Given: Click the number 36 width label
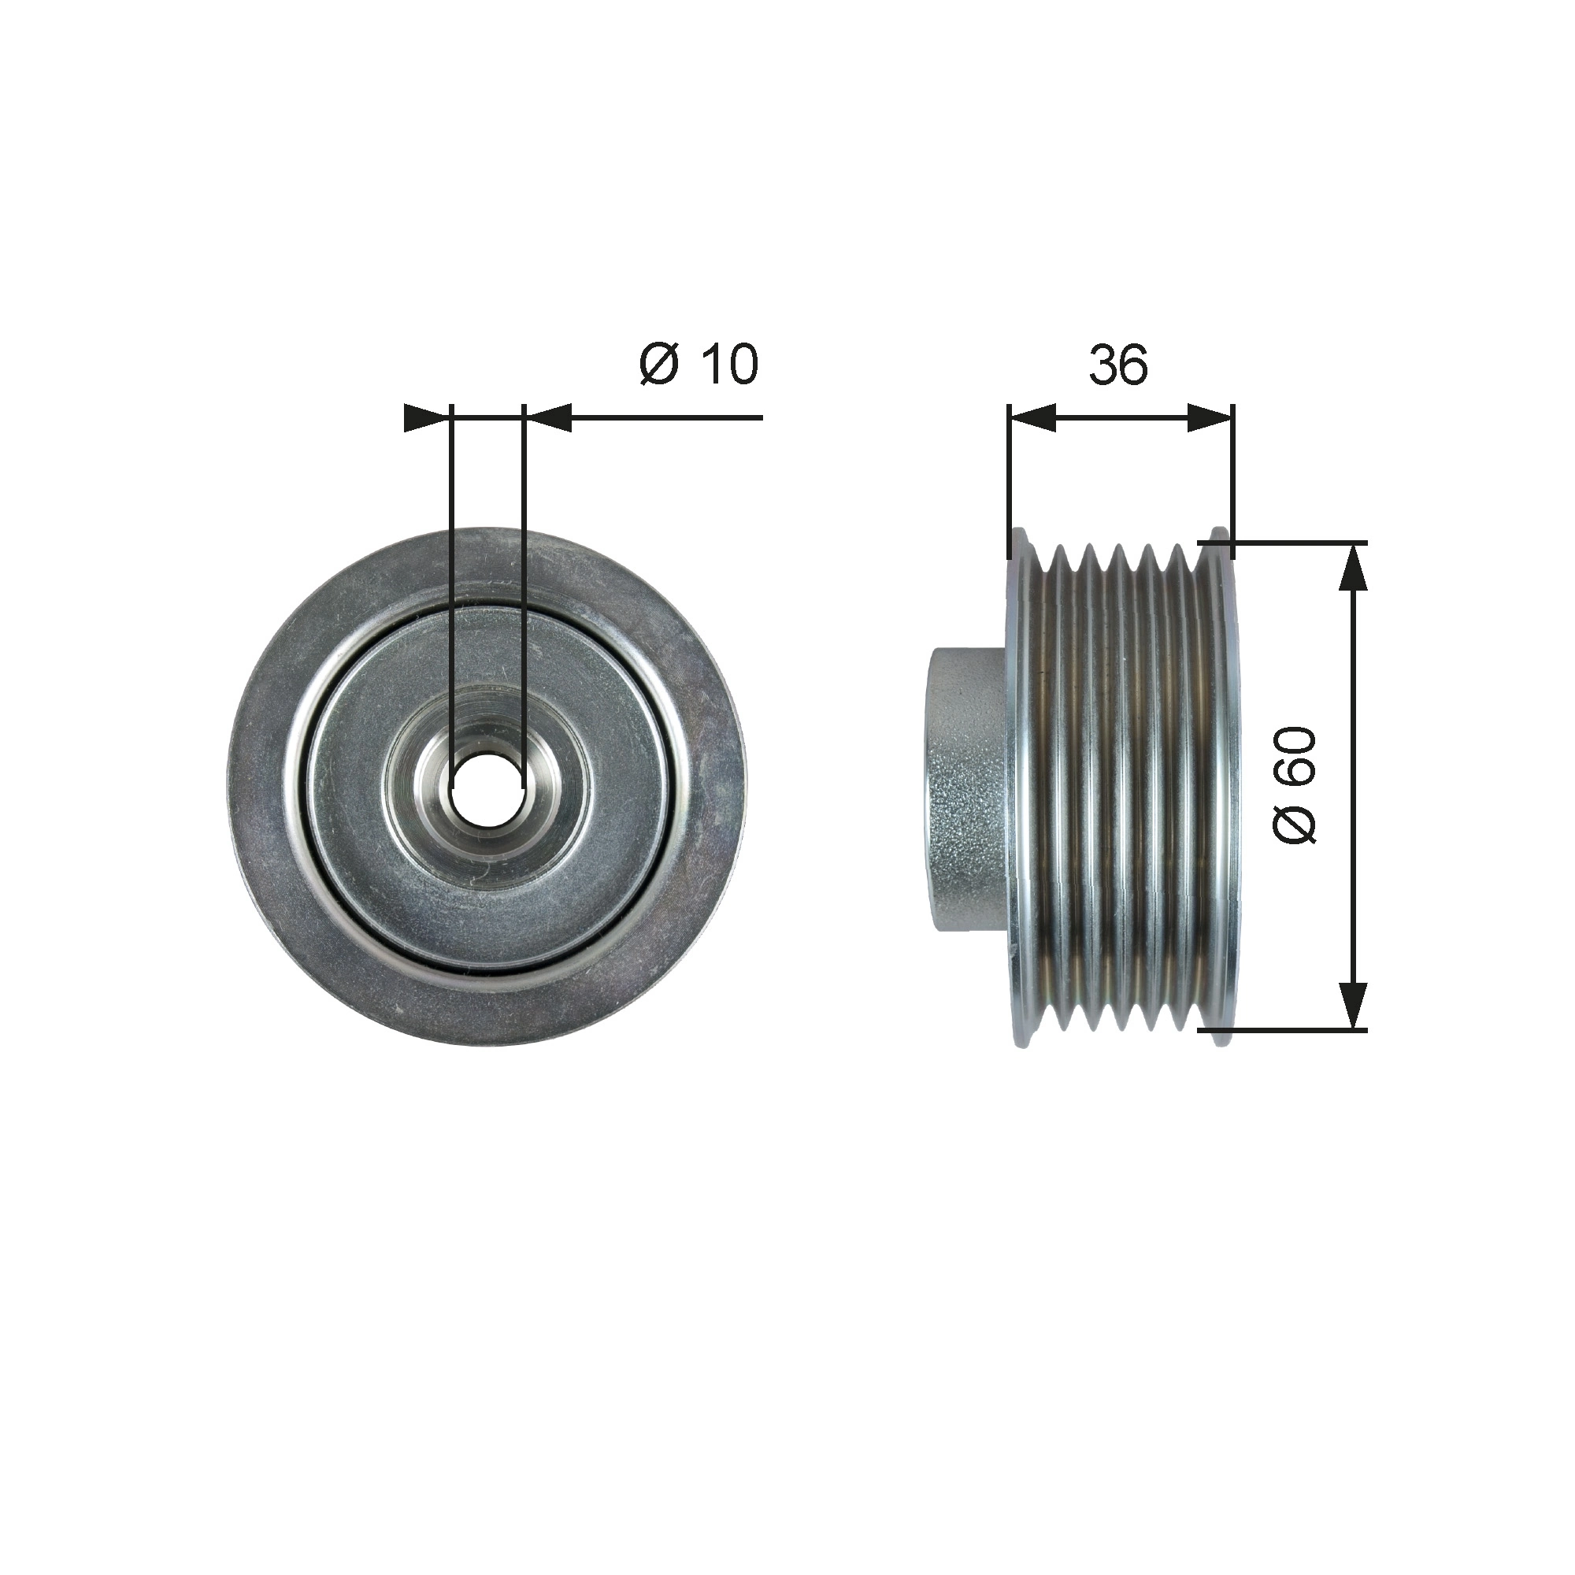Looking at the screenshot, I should pos(1118,365).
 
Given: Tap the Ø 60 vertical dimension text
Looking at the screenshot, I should pos(1295,785).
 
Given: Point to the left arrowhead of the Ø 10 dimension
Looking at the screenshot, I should pos(426,417).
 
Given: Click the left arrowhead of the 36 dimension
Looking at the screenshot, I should pos(1032,417).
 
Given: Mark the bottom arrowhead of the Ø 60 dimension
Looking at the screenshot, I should pos(1353,1005).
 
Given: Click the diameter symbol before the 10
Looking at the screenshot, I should pos(658,365).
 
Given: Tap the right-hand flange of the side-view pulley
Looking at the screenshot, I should pos(1221,787).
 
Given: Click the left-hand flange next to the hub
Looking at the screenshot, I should pos(1018,787).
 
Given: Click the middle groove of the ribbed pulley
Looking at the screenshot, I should pos(1118,787).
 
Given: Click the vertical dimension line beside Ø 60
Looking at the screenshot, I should pos(1353,787).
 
